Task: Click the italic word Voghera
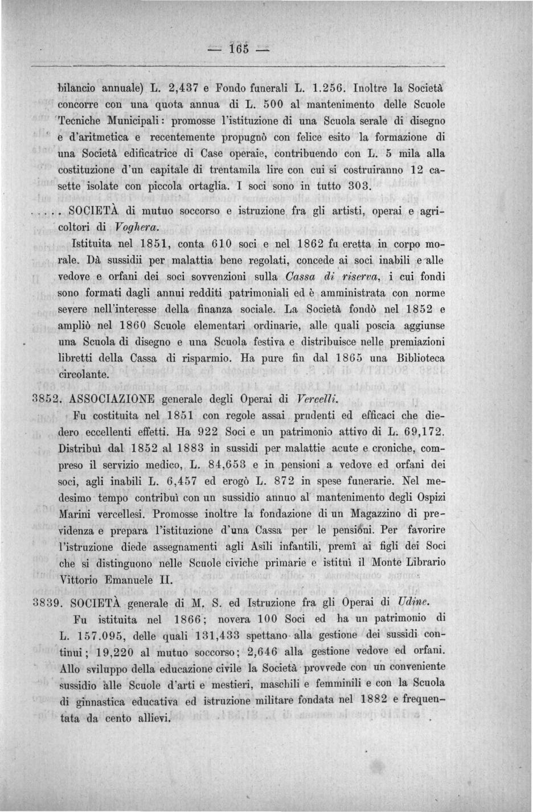point(134,226)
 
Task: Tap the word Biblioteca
point(418,359)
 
